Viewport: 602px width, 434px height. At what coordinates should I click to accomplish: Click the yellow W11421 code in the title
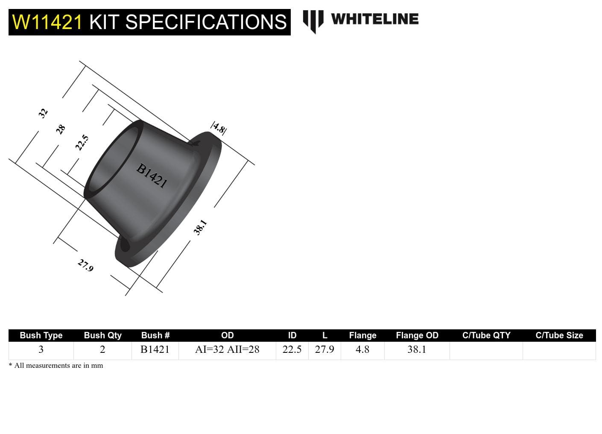(x=47, y=22)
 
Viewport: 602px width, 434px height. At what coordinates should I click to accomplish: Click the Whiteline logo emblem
(x=313, y=21)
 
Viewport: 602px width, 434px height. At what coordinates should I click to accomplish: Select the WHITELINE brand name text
(x=374, y=19)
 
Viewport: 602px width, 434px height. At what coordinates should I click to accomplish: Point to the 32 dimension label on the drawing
(x=43, y=113)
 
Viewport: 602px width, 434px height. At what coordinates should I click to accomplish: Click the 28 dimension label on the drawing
(x=61, y=129)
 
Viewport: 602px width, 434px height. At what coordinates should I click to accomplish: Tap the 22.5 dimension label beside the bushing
(x=82, y=143)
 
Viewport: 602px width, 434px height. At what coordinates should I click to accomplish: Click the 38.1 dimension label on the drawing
(x=200, y=227)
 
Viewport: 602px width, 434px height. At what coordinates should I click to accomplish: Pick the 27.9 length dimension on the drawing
(x=85, y=265)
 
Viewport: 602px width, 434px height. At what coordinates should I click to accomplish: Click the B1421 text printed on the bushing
(x=152, y=176)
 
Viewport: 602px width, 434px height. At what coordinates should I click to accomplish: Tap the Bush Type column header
(x=41, y=335)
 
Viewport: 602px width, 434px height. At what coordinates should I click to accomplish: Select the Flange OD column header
(x=417, y=335)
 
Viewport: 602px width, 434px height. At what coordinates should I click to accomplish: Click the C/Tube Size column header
(x=559, y=335)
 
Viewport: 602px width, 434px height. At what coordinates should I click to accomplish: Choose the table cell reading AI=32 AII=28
(x=227, y=349)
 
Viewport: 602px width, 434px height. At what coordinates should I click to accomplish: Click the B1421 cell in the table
(x=155, y=349)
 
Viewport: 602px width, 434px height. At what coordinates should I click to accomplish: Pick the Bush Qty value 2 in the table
(x=102, y=349)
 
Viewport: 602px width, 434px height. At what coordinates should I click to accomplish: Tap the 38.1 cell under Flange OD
(x=417, y=349)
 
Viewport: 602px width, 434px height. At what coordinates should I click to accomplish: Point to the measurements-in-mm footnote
(x=56, y=365)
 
